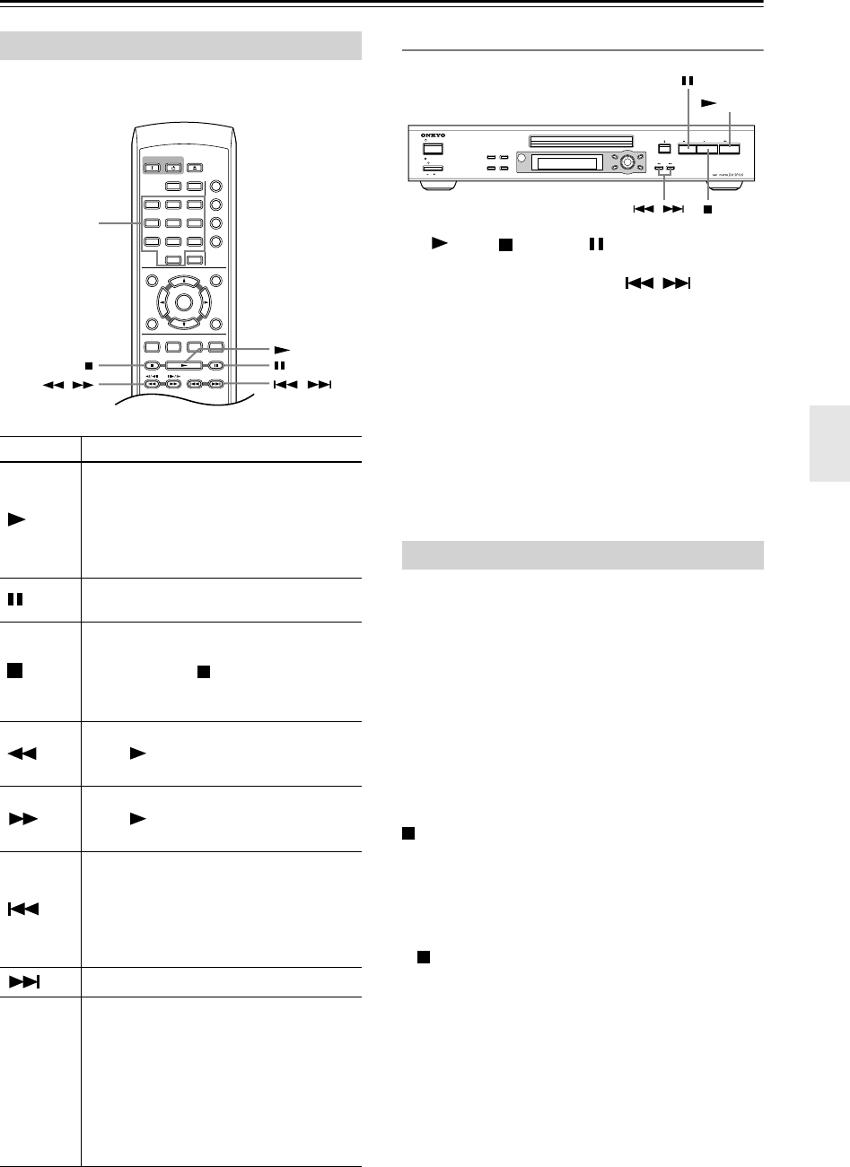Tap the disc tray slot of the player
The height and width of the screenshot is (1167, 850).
point(579,140)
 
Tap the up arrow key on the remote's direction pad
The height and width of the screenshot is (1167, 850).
point(184,281)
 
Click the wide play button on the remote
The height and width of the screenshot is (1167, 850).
point(184,366)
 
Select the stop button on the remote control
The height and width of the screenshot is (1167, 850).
point(152,366)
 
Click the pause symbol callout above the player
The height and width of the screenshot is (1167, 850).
point(688,80)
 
